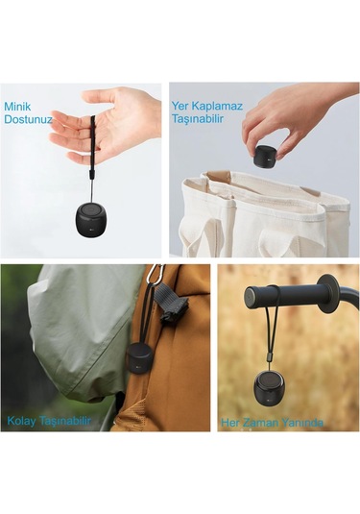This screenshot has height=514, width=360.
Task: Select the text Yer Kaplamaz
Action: [199, 106]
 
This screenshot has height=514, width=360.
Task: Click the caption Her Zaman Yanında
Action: [272, 422]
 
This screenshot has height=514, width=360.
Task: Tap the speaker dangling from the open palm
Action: [92, 216]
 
